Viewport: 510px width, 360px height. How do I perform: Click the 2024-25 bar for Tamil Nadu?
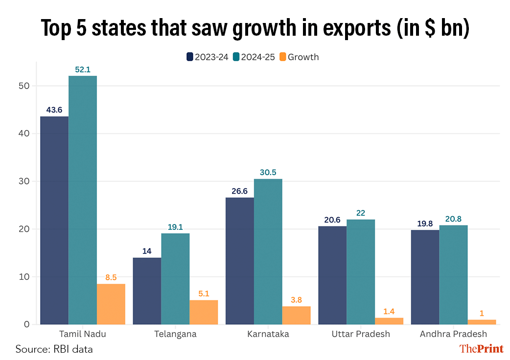pyautogui.click(x=83, y=200)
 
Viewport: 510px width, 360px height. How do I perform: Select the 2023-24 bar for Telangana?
pyautogui.click(x=147, y=291)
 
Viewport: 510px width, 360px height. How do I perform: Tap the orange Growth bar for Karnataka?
pyautogui.click(x=296, y=315)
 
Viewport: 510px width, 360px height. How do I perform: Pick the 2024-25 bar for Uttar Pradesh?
pyautogui.click(x=361, y=272)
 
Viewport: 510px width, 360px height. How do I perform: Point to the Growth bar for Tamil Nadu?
pyautogui.click(x=111, y=304)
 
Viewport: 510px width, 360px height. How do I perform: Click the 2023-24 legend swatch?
pyautogui.click(x=190, y=57)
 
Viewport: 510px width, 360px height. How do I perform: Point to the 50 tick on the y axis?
pyautogui.click(x=24, y=86)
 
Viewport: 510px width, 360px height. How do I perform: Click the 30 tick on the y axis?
pyautogui.click(x=24, y=181)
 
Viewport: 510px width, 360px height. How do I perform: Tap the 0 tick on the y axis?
pyautogui.click(x=27, y=324)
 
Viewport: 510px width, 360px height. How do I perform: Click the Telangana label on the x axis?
pyautogui.click(x=175, y=334)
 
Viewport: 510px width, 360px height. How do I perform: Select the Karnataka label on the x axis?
pyautogui.click(x=268, y=334)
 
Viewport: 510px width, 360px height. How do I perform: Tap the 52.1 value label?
pyautogui.click(x=83, y=69)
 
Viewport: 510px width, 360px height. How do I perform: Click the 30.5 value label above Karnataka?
pyautogui.click(x=268, y=172)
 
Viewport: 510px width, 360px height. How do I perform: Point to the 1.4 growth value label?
pyautogui.click(x=389, y=311)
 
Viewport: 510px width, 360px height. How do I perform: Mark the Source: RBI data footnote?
pyautogui.click(x=54, y=349)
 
